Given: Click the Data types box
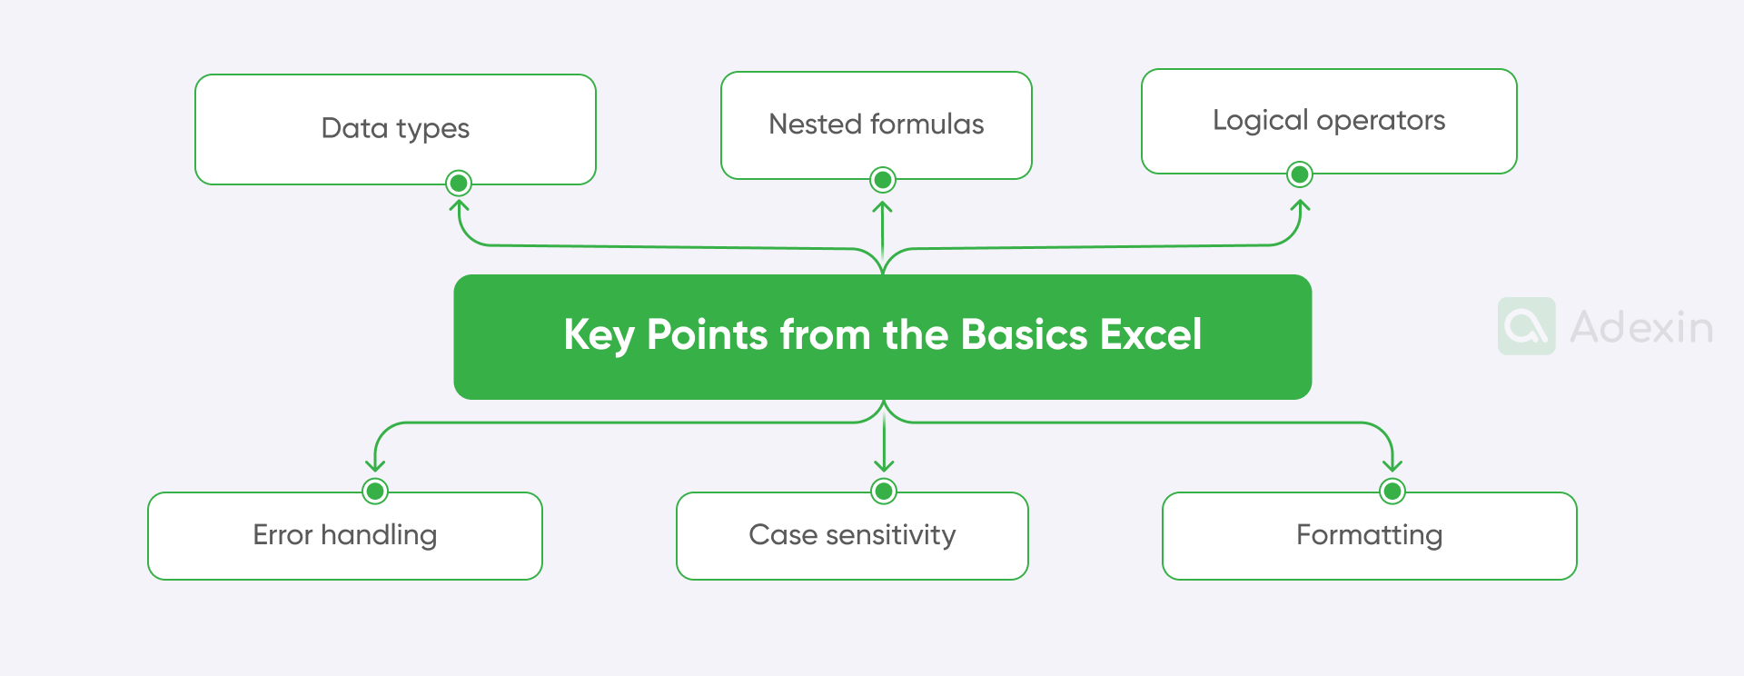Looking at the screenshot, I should tap(395, 128).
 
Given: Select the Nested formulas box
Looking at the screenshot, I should tap(876, 124).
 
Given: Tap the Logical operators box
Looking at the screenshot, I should tap(1328, 120).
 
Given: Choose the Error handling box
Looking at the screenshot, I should tap(344, 535).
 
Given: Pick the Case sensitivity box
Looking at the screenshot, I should tap(852, 535).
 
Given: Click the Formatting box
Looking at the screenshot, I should tap(1369, 535).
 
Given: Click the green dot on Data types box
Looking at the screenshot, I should tap(459, 184).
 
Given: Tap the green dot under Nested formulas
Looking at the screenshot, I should tap(882, 180).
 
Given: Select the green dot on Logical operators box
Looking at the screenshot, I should tap(1300, 174).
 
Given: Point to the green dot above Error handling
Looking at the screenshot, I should tap(375, 491).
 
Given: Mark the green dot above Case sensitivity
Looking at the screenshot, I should tap(884, 491).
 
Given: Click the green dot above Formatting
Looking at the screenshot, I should tap(1392, 491).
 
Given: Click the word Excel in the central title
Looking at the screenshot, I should tap(1151, 334).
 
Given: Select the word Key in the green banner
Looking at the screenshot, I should tap(598, 335).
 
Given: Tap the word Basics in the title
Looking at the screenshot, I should tap(1024, 334).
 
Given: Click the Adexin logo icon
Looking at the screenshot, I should tap(1526, 326).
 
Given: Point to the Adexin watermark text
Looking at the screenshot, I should tap(1641, 327).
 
